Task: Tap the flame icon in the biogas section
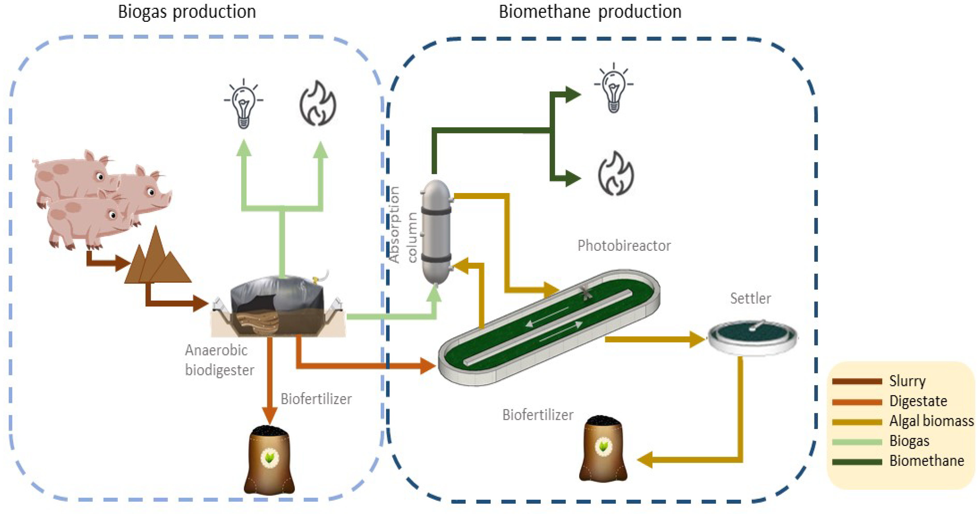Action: pyautogui.click(x=318, y=103)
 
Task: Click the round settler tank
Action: pyautogui.click(x=753, y=337)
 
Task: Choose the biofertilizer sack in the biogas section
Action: pyautogui.click(x=269, y=460)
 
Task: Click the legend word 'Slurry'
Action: pyautogui.click(x=907, y=381)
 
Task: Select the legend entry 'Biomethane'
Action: pyautogui.click(x=926, y=461)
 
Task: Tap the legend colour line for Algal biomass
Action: pyautogui.click(x=857, y=422)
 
